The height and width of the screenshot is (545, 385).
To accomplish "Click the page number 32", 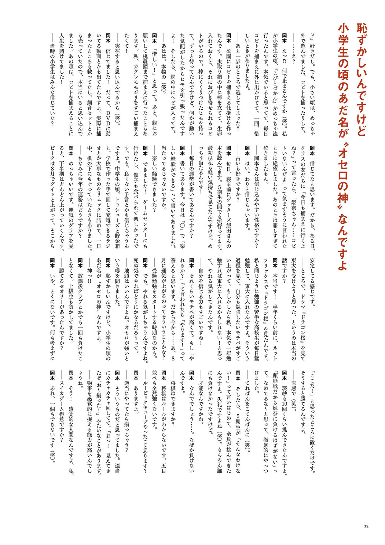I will click(x=366, y=526).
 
